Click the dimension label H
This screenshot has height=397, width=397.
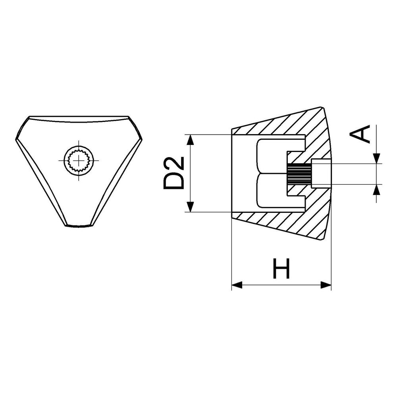tap(281, 268)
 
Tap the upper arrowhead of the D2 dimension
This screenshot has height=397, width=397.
tap(191, 140)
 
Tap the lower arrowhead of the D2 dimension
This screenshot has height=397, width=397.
tap(191, 206)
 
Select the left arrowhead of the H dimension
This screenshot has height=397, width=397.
tap(237, 285)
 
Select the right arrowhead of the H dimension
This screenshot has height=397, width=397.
tap(326, 285)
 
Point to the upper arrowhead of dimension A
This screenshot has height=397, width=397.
tap(377, 158)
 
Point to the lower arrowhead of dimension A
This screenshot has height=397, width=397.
tap(377, 190)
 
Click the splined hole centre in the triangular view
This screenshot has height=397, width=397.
tap(79, 160)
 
